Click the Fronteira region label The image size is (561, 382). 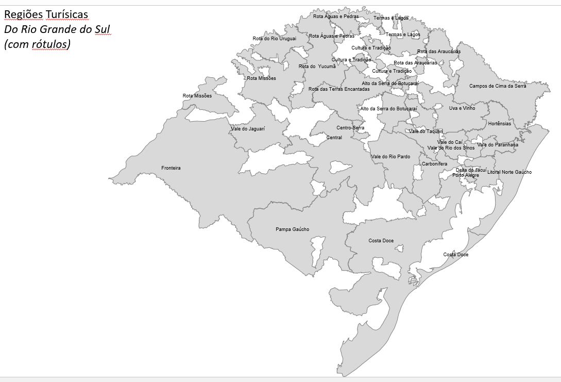tap(171, 168)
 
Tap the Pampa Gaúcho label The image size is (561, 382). tap(293, 229)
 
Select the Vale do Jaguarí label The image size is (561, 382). tap(247, 129)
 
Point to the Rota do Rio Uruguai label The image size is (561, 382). tap(274, 39)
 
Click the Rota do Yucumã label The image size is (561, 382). tap(317, 67)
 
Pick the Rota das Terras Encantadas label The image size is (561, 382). tap(339, 89)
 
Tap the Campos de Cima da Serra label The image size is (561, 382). tap(498, 86)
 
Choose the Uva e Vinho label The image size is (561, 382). tap(462, 108)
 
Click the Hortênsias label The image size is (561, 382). tap(500, 124)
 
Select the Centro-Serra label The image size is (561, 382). tap(350, 128)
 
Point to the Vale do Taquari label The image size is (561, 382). tap(426, 131)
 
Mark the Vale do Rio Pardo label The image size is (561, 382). tap(390, 157)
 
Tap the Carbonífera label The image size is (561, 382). tap(435, 164)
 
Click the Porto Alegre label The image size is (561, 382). tap(466, 175)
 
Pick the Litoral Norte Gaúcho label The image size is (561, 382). tap(509, 172)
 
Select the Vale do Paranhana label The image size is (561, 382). tap(498, 145)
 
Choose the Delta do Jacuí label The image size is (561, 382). tap(471, 170)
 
